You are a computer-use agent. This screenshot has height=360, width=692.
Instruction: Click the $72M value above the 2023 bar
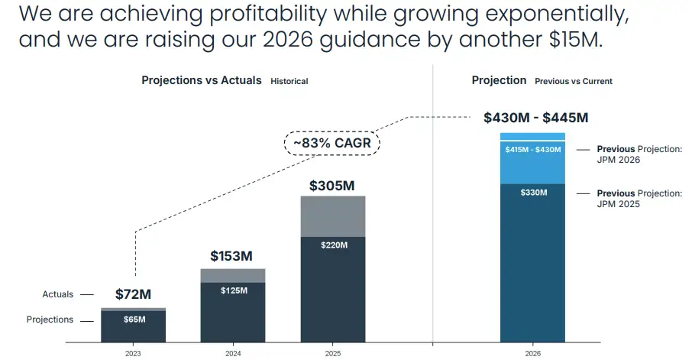point(133,294)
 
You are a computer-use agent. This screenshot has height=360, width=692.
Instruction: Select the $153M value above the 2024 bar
point(231,256)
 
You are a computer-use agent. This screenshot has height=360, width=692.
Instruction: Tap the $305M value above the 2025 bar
point(333,185)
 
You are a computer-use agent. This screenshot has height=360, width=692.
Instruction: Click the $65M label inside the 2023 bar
point(133,319)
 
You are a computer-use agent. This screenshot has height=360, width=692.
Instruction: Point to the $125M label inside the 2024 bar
point(233,291)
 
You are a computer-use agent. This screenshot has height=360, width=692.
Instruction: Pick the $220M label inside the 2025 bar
point(333,245)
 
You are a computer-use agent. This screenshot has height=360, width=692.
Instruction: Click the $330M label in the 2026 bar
point(533,193)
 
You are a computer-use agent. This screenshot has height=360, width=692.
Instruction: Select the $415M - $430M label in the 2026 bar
point(533,150)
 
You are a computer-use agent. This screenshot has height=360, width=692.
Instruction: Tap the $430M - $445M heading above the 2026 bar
point(535,118)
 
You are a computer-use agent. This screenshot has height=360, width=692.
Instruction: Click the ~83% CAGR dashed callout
point(333,142)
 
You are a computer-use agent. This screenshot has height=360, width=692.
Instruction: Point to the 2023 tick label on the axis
point(133,354)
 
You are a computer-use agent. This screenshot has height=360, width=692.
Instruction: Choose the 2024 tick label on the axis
point(233,354)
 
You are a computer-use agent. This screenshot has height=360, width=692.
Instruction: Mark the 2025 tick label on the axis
point(333,354)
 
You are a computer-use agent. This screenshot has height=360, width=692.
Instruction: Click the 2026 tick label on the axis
point(533,354)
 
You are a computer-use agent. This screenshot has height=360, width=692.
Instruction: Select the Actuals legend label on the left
point(58,294)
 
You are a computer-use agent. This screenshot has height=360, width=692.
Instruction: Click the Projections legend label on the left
point(50,319)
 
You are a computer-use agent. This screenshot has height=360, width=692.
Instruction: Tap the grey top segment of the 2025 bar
point(333,216)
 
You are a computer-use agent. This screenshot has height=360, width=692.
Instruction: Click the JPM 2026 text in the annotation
point(618,160)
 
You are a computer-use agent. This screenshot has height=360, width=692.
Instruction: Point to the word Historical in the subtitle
point(289,81)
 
